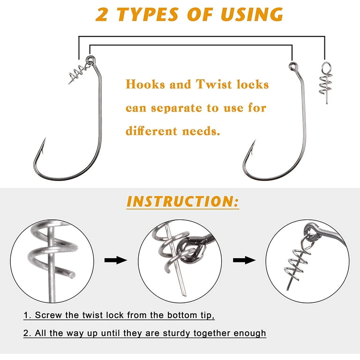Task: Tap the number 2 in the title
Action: click(x=101, y=15)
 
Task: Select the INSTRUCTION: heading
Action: click(x=183, y=202)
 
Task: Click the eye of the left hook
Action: click(x=90, y=60)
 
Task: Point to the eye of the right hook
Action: click(x=292, y=67)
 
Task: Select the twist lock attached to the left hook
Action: click(x=78, y=73)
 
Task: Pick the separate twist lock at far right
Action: click(x=326, y=82)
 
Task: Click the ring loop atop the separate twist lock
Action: click(x=326, y=67)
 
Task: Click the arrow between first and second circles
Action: click(x=115, y=260)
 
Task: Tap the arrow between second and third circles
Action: click(x=244, y=260)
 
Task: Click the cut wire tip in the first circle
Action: click(x=72, y=275)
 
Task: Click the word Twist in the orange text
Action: click(x=214, y=84)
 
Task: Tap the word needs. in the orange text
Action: click(x=201, y=131)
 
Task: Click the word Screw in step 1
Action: click(x=48, y=315)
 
